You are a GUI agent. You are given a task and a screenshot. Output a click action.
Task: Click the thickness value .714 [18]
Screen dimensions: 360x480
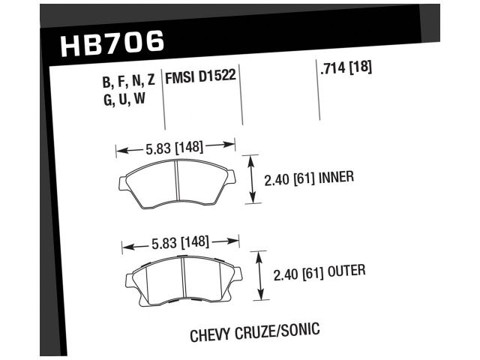point(345,68)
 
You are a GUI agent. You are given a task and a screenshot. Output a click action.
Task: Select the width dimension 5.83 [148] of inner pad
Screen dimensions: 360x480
point(175,147)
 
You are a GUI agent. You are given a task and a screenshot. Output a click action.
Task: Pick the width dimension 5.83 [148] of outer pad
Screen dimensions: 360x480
point(180,242)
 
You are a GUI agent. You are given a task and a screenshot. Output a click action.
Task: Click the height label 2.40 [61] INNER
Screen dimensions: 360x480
point(308,179)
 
